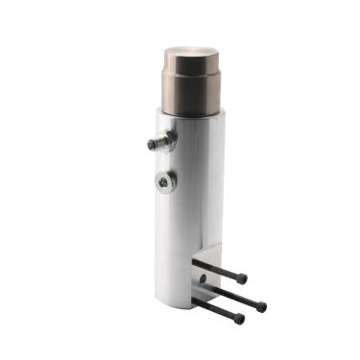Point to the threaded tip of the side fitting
pos(152,144)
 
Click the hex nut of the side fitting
pos(166,141)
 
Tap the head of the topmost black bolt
pos(241,279)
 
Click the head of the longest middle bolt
pos(260,307)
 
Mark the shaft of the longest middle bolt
pos(230,294)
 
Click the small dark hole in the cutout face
pos(202,280)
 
